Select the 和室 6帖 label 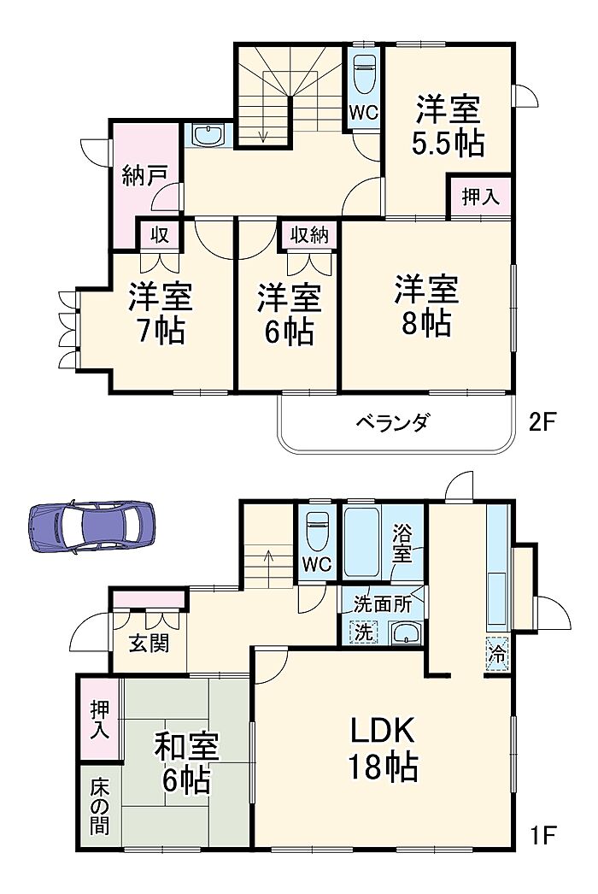point(186,764)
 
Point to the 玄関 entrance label point(149,643)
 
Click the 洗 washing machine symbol point(363,632)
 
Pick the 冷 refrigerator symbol point(497,654)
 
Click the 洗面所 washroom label point(382,603)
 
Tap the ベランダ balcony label point(393,423)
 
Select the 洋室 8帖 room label point(425,306)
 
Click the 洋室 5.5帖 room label point(448,126)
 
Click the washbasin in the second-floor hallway point(208,136)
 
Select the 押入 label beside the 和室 point(99,720)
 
